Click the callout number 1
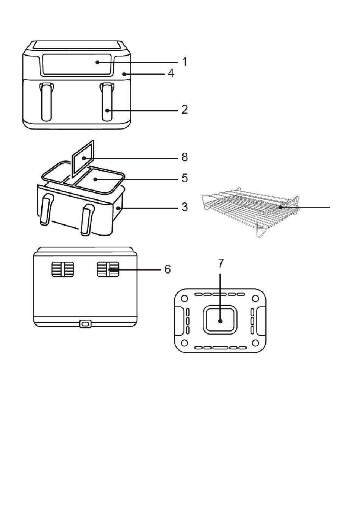tap(185, 61)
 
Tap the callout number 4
tap(171, 73)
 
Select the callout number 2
tap(185, 109)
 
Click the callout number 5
tap(185, 178)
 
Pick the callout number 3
tap(185, 207)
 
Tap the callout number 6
tap(168, 269)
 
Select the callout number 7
tap(221, 263)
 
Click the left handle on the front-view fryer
tap(47, 102)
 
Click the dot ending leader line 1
tap(97, 62)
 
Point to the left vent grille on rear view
tap(63, 269)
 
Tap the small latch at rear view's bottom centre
tap(85, 324)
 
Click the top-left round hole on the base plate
tap(185, 299)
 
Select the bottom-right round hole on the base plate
tap(255, 343)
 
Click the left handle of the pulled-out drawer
tap(46, 210)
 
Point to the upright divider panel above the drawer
tap(83, 159)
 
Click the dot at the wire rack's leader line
tap(280, 207)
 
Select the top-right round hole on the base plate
tap(255, 299)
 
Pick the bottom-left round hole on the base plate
tap(185, 343)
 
